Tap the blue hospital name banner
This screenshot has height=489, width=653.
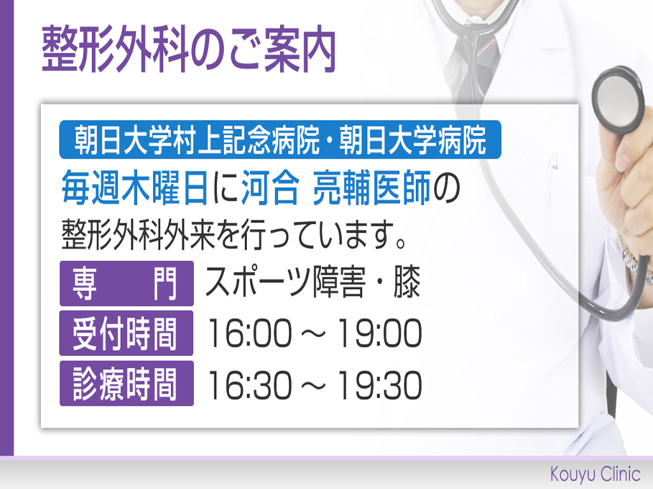pyautogui.click(x=280, y=139)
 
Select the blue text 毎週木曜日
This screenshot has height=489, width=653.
pyautogui.click(x=135, y=188)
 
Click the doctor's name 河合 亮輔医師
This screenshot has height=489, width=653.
pyautogui.click(x=335, y=188)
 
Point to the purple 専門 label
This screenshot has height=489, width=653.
pyautogui.click(x=127, y=283)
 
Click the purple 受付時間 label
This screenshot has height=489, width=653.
pyautogui.click(x=127, y=334)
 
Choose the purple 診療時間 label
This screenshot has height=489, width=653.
pyautogui.click(x=127, y=383)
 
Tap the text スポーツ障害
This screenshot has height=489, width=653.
pyautogui.click(x=285, y=282)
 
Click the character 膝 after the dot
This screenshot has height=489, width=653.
pyautogui.click(x=407, y=282)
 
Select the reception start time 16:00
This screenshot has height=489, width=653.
pyautogui.click(x=249, y=333)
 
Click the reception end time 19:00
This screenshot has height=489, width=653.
pyautogui.click(x=379, y=333)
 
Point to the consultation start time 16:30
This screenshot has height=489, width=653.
pyautogui.click(x=249, y=385)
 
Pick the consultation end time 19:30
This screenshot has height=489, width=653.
pyautogui.click(x=379, y=385)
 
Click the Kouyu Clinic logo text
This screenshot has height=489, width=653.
pyautogui.click(x=595, y=474)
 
